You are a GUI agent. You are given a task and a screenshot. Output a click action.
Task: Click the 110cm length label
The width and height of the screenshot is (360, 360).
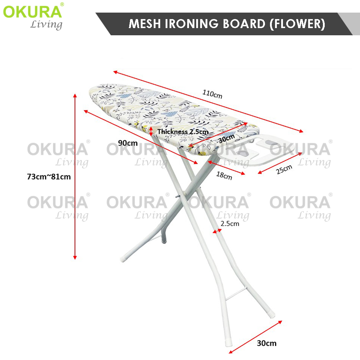point(212,94)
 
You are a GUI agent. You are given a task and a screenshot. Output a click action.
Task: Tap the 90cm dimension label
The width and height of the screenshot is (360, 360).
point(128,143)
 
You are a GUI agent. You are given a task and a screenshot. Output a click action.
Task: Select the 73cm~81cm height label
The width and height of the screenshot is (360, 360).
point(49,177)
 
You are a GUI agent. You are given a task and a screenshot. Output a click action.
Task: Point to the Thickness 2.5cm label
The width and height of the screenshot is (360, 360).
point(183,132)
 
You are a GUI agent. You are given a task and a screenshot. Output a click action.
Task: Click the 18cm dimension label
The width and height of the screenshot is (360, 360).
point(224,176)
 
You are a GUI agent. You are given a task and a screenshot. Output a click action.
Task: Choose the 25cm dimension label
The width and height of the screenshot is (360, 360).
point(284,170)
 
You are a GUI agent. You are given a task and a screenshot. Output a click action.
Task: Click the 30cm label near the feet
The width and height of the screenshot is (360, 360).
point(266,343)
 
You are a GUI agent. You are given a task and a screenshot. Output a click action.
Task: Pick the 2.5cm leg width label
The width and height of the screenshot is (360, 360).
point(230,224)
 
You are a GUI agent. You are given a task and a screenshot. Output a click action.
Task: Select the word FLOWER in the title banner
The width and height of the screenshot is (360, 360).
point(297,24)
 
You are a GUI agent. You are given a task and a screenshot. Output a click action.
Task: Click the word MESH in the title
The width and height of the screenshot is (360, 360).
point(145,24)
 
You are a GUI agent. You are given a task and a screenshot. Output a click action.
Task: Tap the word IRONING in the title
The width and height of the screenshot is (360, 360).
point(192,24)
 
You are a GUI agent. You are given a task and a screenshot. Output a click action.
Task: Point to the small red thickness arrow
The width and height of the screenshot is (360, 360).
point(151,131)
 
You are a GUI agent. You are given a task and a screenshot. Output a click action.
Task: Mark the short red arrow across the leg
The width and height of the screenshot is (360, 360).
point(217,231)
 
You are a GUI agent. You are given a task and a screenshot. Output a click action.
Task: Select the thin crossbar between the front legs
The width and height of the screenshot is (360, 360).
point(236,294)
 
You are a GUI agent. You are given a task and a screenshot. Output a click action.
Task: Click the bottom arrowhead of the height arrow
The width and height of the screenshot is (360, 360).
point(75,258)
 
